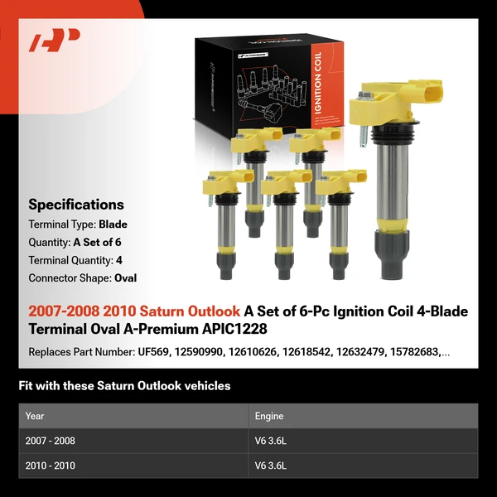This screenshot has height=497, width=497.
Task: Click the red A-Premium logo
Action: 55,41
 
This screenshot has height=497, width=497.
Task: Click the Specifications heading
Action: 76,205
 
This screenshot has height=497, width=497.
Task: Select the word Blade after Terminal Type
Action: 113,224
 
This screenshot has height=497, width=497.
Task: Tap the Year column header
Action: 35,416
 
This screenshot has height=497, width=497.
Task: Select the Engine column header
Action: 269,416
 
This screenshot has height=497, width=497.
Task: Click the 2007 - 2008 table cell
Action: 50,441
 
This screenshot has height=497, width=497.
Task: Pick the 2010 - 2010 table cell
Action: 50,466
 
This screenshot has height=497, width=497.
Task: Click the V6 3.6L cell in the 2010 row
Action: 270,466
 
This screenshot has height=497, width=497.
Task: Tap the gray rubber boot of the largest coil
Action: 390,253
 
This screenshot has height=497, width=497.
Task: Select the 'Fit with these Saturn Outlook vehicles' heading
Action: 124,385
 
